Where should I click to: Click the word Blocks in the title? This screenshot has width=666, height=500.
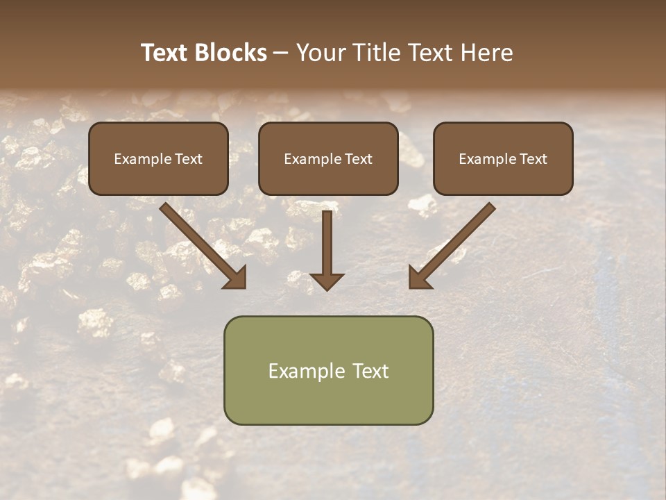(231, 53)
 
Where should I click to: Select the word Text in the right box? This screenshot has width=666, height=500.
(533, 159)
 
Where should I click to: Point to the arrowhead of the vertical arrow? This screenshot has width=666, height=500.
(327, 281)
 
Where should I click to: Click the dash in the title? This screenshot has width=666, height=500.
(281, 53)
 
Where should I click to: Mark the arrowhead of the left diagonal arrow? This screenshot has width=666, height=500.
(235, 277)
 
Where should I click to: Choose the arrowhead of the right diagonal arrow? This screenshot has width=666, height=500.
(419, 277)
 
